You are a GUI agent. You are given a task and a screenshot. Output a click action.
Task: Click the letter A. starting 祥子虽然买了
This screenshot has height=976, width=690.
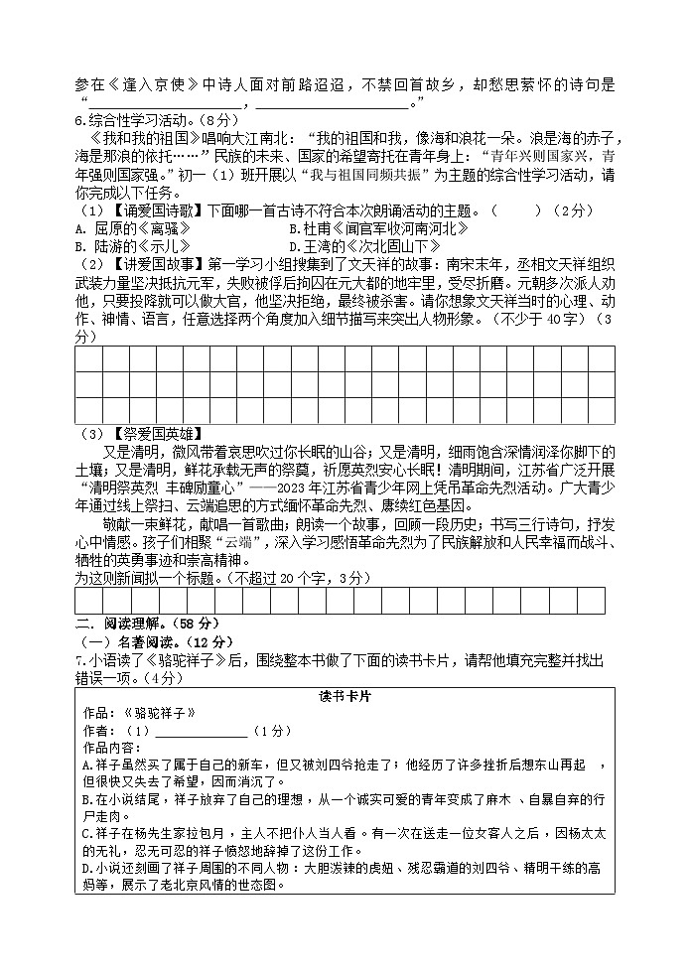pos(86,765)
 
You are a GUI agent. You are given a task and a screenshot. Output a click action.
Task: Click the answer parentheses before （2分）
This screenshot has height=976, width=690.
pos(516,209)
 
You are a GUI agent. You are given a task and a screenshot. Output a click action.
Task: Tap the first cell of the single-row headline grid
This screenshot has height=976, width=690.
pos(88,602)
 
